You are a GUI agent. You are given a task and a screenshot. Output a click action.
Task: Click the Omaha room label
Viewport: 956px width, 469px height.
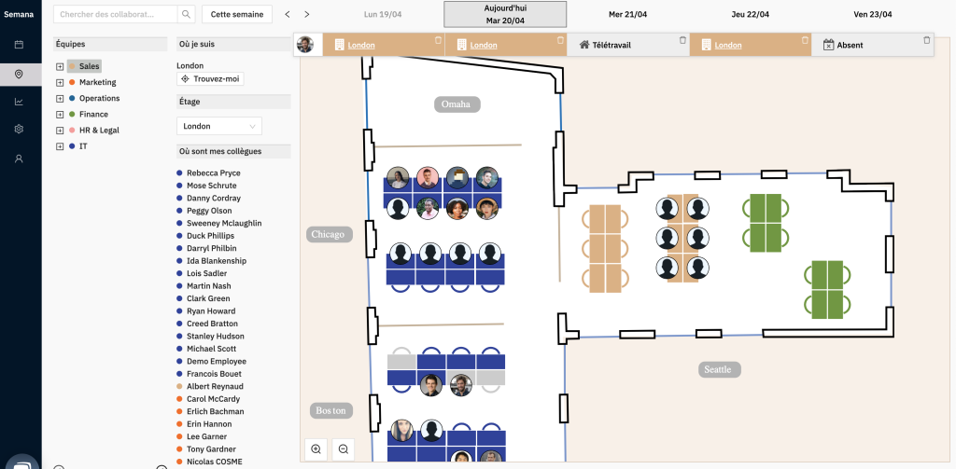click(457, 104)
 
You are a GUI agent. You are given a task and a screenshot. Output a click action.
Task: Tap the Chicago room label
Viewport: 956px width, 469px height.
click(329, 235)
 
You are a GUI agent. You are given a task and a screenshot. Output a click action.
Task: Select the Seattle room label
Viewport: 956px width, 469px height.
click(718, 370)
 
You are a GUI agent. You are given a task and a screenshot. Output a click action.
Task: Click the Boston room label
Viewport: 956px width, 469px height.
click(330, 411)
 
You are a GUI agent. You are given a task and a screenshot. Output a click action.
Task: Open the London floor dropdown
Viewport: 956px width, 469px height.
click(218, 126)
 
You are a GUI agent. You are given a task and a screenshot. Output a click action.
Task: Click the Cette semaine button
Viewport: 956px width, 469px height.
click(237, 15)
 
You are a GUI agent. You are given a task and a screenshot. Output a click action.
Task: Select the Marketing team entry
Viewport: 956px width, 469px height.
click(97, 82)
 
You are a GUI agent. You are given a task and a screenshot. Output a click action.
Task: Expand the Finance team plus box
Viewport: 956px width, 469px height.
click(60, 115)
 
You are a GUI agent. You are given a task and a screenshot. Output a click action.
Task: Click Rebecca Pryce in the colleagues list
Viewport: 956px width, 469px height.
click(213, 173)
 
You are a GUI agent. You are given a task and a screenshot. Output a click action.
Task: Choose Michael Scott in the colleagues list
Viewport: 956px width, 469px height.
click(211, 349)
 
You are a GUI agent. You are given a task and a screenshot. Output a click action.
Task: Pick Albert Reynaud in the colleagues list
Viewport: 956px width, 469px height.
click(215, 386)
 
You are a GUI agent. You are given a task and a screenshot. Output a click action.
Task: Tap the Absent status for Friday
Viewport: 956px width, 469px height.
click(849, 45)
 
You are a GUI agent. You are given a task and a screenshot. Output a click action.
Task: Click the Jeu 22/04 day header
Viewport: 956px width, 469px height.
click(751, 14)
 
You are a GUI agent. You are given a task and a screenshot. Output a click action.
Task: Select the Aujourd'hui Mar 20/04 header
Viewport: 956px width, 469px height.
click(505, 14)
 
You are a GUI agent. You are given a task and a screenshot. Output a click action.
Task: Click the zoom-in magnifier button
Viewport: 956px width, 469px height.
click(316, 449)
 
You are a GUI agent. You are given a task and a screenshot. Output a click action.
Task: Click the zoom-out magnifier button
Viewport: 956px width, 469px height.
click(344, 449)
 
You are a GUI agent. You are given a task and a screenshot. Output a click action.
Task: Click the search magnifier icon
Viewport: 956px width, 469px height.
click(186, 15)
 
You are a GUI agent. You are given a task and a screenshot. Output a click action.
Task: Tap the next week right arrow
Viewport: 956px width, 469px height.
click(307, 15)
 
